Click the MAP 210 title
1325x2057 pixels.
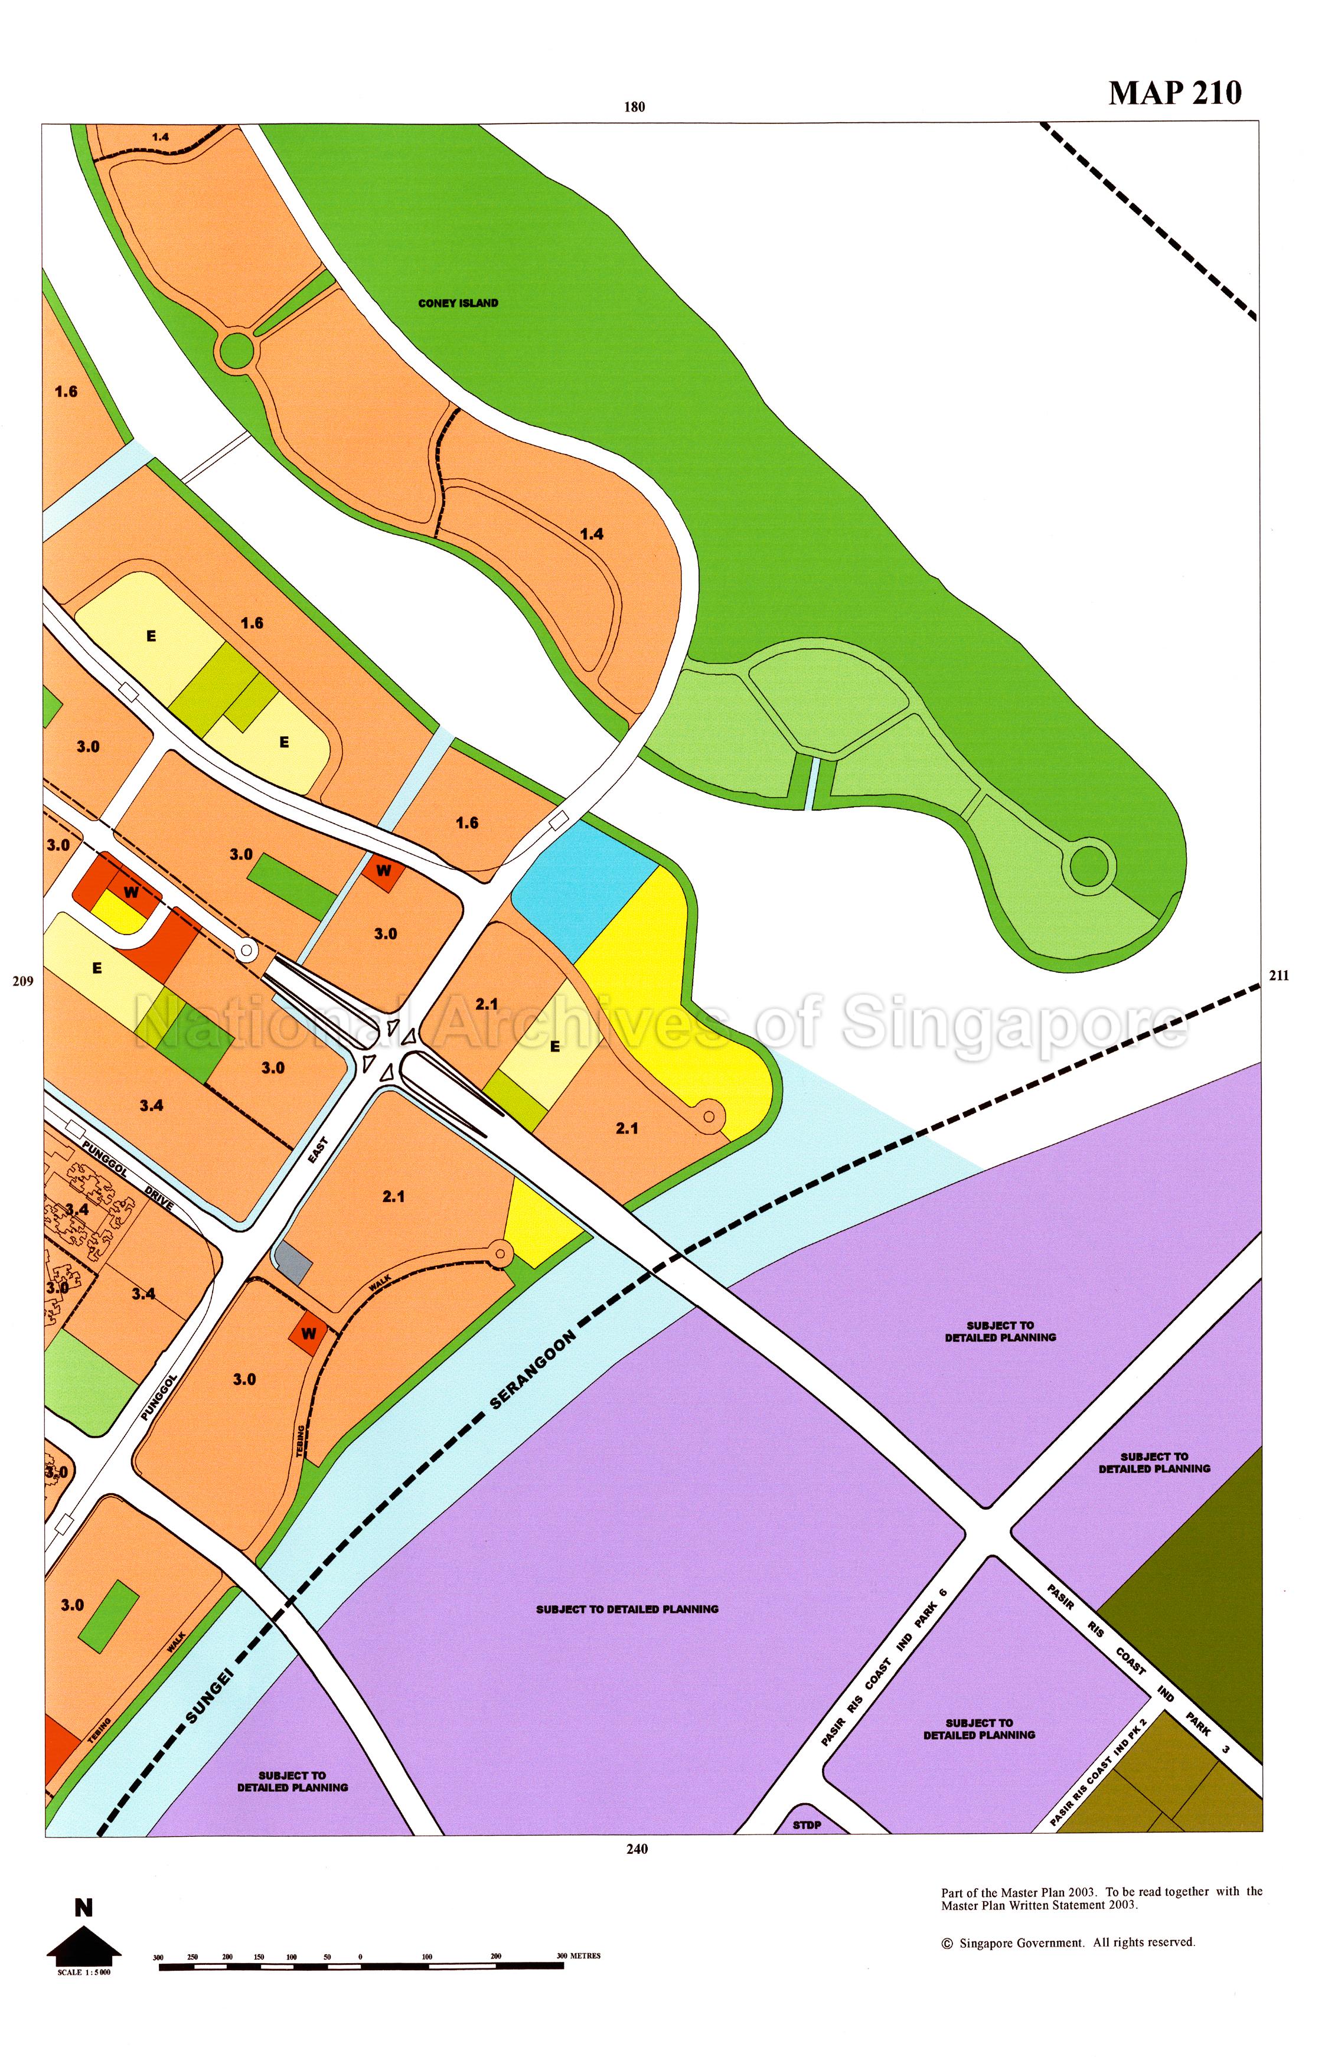coord(1174,93)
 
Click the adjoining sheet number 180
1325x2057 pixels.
coord(634,107)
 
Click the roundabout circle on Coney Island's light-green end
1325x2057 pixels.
coord(1088,866)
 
